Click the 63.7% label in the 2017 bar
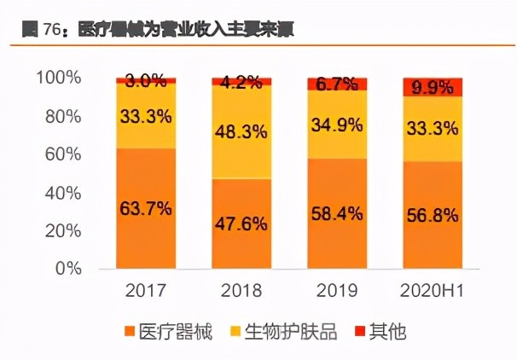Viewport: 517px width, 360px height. tap(146, 207)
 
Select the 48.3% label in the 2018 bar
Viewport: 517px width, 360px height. tap(242, 132)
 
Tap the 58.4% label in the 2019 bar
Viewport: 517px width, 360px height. tap(337, 212)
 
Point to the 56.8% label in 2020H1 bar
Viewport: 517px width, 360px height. tap(433, 214)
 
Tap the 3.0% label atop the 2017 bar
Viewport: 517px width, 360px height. tap(146, 82)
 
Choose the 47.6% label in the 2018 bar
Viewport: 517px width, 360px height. tap(242, 224)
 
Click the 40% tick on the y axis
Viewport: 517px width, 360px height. tap(64, 193)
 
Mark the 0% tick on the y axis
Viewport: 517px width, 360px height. tap(69, 269)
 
